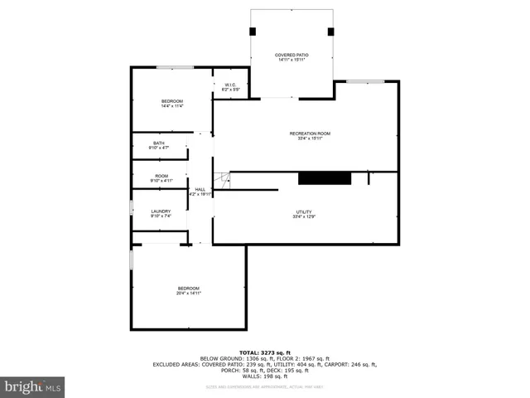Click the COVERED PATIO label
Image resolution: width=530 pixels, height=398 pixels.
(x=291, y=57)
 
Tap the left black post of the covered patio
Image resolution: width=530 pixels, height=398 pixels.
(x=253, y=32)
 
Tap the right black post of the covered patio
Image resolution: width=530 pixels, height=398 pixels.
(x=330, y=32)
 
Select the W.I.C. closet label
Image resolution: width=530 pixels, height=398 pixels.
(x=231, y=86)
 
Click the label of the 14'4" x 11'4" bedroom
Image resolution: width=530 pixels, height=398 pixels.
(x=172, y=104)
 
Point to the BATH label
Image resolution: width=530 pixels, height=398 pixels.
(x=158, y=146)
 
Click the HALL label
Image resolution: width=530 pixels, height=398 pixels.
(x=200, y=192)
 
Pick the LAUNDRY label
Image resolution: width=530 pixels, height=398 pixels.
(x=161, y=214)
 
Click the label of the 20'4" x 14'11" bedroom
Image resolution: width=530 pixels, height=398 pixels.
(x=189, y=290)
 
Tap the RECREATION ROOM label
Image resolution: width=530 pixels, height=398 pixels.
(x=310, y=136)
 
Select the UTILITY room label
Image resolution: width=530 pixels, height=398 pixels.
(x=304, y=214)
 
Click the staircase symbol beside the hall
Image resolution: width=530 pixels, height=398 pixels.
(x=221, y=180)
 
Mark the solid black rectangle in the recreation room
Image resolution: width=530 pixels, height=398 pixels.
(x=325, y=177)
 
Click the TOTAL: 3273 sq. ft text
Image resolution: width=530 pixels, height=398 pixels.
(x=265, y=352)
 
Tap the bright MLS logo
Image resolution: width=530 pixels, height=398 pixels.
(x=33, y=386)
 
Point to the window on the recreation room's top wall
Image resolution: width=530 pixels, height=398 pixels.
(x=364, y=81)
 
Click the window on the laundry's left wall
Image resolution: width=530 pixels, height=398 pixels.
(x=131, y=208)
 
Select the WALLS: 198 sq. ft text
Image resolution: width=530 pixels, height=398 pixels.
(x=265, y=376)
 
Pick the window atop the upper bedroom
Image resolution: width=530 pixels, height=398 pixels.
(x=176, y=67)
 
